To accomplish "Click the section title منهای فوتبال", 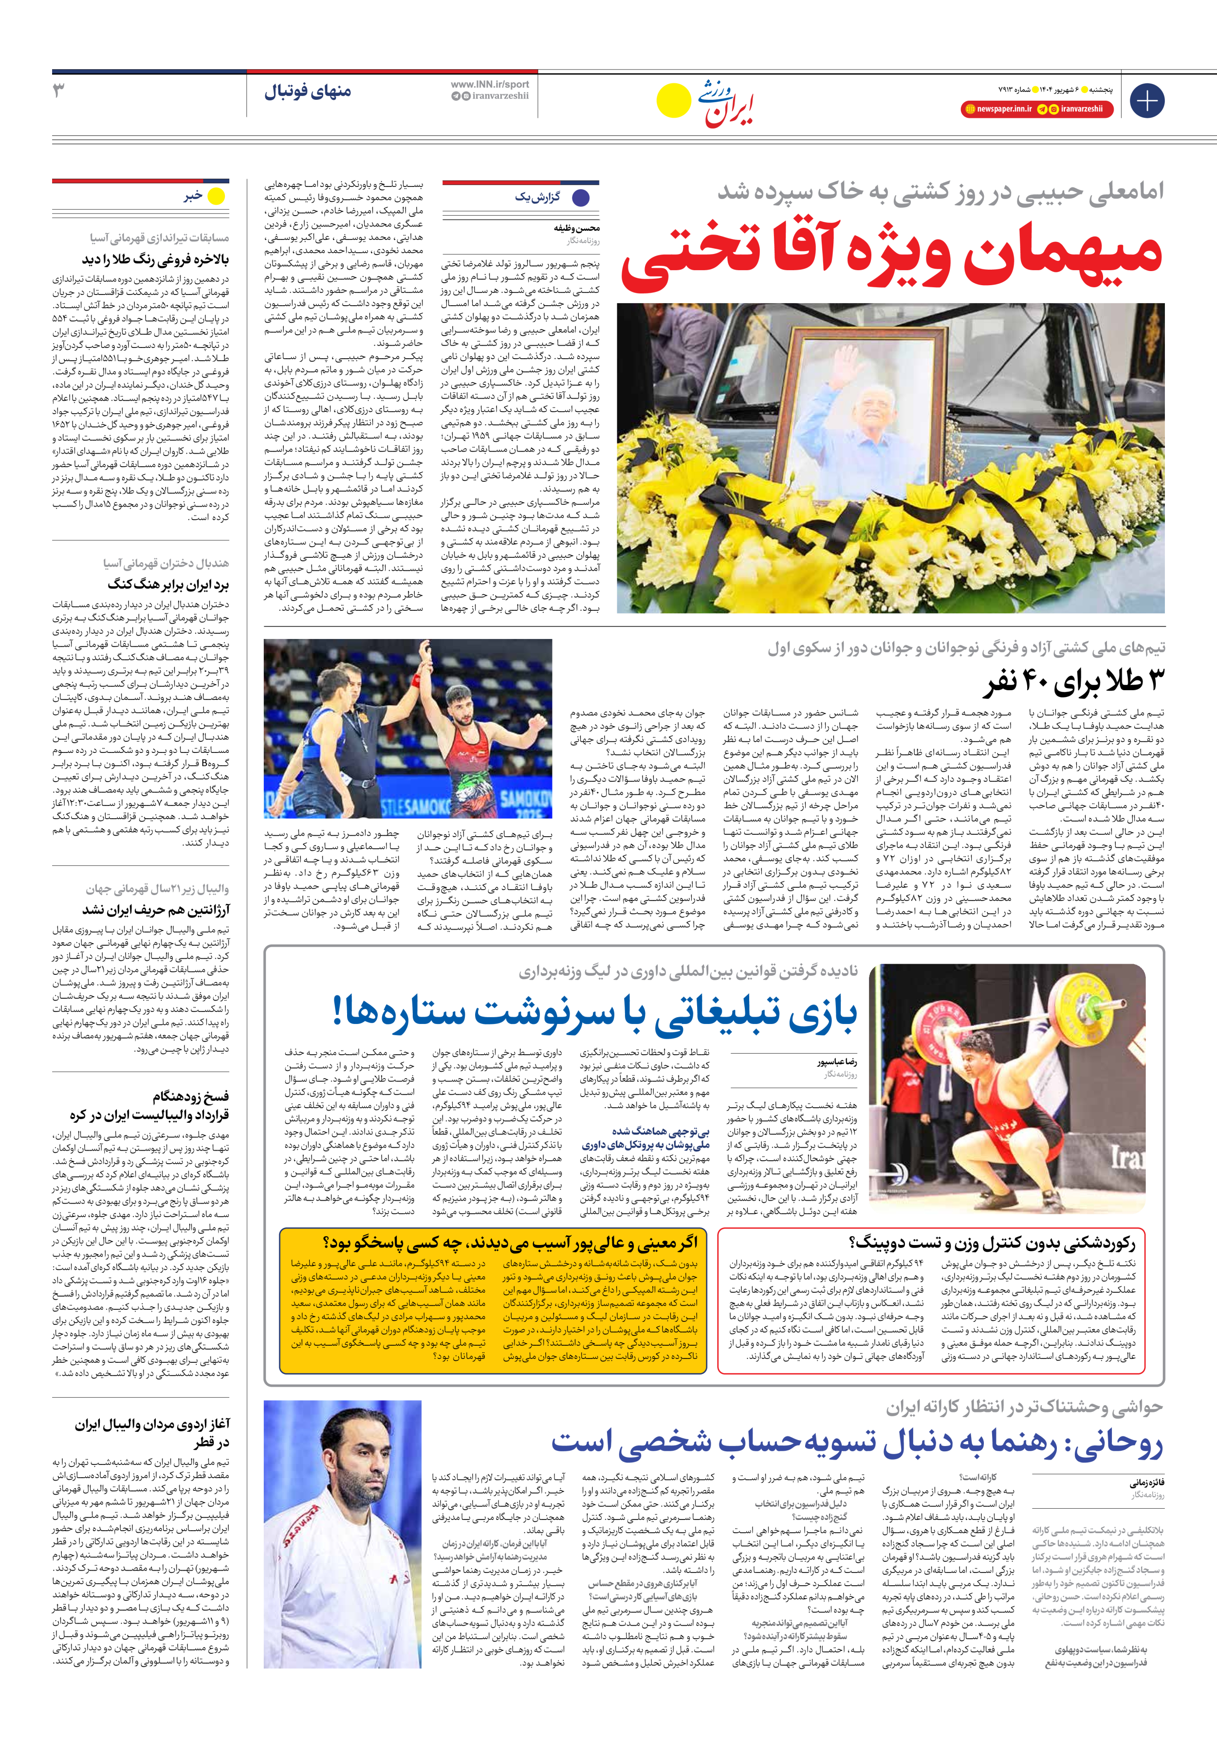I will click(x=308, y=91).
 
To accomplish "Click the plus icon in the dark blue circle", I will click(x=1146, y=100).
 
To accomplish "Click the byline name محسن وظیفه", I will click(x=576, y=227).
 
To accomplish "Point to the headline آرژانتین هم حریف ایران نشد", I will click(x=156, y=909).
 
